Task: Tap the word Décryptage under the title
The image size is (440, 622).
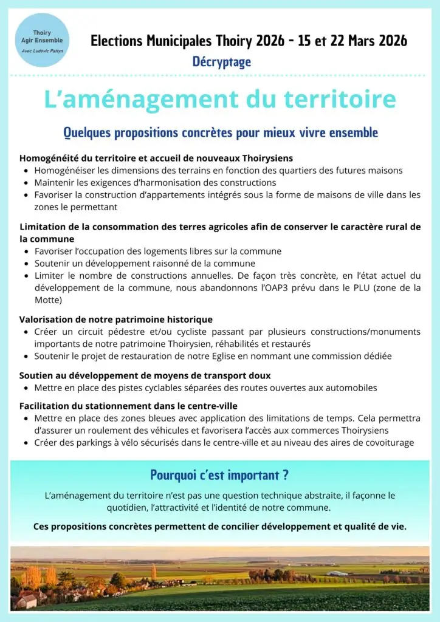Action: [222, 61]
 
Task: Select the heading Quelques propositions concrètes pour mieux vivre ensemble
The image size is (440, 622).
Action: [221, 132]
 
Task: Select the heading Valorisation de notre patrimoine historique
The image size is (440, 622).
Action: [116, 320]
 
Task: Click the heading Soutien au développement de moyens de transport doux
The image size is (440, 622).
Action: [145, 375]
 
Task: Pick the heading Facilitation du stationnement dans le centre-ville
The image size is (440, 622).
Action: [128, 406]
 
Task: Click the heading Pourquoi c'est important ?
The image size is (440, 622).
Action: [219, 475]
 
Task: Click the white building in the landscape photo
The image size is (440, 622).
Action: [337, 573]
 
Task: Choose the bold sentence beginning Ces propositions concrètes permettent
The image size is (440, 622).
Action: [220, 527]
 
